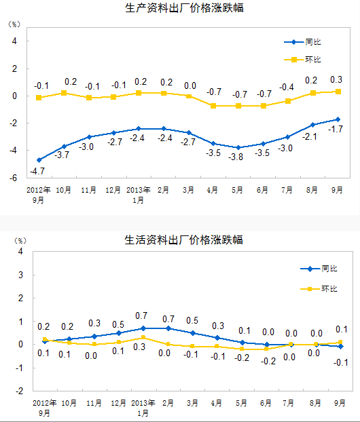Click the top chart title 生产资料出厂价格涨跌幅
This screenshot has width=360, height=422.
coord(184,8)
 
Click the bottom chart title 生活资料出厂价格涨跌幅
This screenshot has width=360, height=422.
coord(183,239)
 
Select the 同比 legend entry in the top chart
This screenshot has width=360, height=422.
coord(302,42)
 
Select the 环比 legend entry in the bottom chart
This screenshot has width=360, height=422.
coord(319,289)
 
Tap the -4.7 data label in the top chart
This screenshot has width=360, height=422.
coord(37,171)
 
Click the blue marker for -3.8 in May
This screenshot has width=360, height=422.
coord(238,147)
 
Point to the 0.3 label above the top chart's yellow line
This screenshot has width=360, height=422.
coord(336,79)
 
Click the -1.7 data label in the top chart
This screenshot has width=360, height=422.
coord(336,129)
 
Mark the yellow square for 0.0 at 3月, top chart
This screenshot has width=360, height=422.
coord(189,96)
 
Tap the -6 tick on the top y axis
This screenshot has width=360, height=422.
coord(13,178)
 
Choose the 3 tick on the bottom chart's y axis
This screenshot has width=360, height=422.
coord(20,275)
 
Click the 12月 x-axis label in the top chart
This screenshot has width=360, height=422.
coord(113,190)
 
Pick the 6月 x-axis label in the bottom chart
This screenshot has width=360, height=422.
coord(266,403)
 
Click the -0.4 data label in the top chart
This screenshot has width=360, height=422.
coord(287,88)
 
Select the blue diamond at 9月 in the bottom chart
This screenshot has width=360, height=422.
coord(340,347)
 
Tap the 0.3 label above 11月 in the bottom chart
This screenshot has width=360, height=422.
coord(94,323)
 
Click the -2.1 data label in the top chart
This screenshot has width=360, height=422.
coord(310,137)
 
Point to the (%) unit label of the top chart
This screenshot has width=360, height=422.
coord(14,24)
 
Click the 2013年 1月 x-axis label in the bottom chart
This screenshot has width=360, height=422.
coord(143,408)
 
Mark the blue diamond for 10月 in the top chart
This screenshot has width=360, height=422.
coord(64,147)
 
